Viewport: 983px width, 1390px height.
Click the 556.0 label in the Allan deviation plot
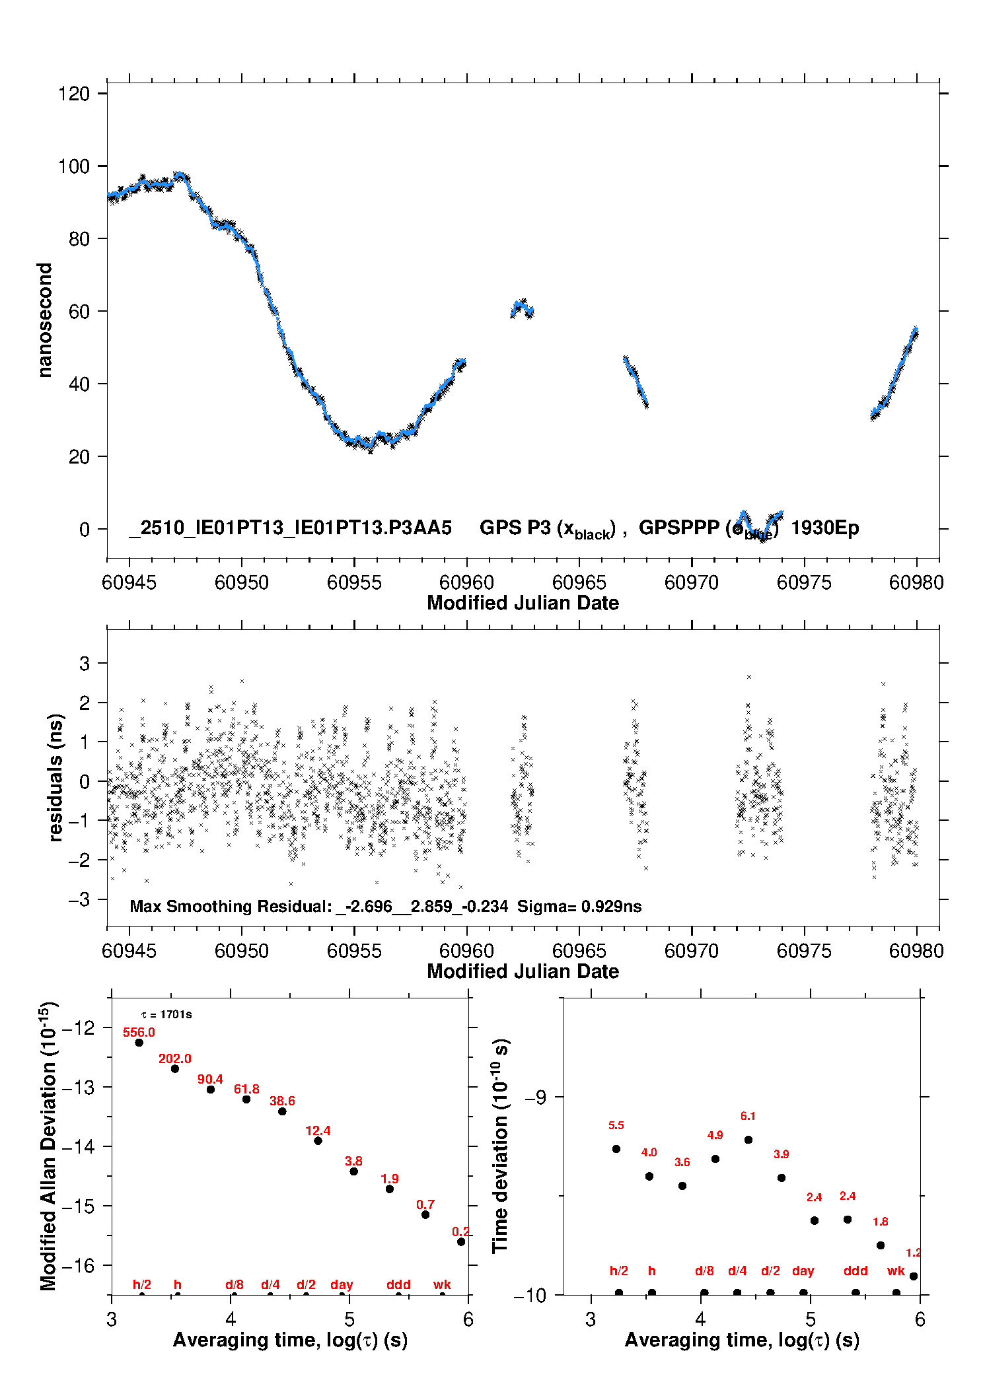tap(139, 1032)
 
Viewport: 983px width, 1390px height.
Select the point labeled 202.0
tap(175, 1068)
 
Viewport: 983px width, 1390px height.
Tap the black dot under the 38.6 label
tap(282, 1111)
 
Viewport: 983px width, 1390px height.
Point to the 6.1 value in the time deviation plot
tap(748, 1116)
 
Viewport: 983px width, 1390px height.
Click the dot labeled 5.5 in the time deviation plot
tap(616, 1149)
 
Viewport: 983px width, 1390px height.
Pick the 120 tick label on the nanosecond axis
tap(74, 94)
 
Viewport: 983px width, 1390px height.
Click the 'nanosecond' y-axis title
tap(44, 320)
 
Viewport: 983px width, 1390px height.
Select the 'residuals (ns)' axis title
tap(55, 777)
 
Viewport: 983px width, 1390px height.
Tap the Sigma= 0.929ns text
tap(579, 906)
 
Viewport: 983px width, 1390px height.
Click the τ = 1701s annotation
tap(166, 1014)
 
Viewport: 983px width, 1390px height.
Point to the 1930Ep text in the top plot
tap(824, 528)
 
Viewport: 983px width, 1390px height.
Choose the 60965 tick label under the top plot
tap(579, 582)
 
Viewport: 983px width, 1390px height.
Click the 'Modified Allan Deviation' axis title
tap(49, 1145)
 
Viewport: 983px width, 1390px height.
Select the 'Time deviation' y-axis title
tap(501, 1146)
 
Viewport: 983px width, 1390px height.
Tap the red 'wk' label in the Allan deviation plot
tap(442, 1284)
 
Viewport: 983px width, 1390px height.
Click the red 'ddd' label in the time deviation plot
tap(856, 1270)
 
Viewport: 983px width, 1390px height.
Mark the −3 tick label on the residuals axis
tap(79, 899)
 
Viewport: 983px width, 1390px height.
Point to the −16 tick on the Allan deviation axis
tap(80, 1265)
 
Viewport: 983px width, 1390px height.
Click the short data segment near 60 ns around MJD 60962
tap(522, 308)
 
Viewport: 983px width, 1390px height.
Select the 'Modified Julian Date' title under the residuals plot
tap(523, 971)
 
